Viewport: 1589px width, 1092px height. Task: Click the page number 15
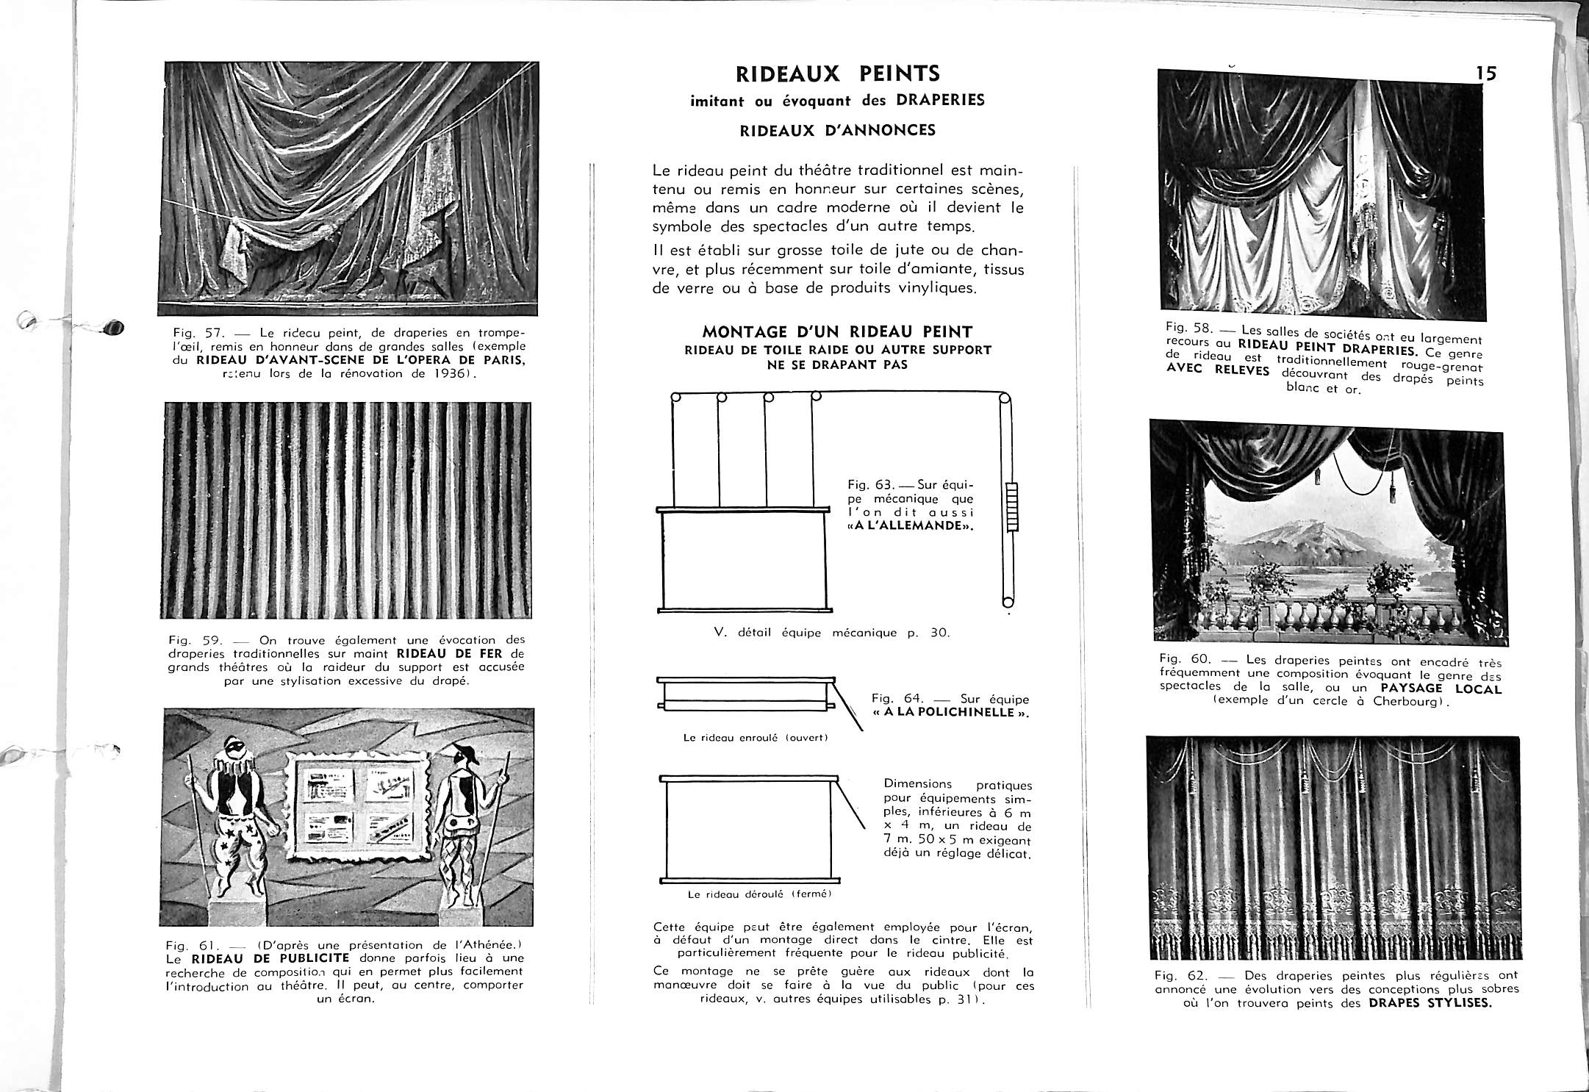1485,73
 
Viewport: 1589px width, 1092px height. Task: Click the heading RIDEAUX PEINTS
837,73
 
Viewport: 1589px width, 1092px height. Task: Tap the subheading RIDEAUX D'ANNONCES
837,131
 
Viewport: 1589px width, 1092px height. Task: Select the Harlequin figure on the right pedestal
463,816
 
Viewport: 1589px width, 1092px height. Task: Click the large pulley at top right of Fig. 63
1002,403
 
